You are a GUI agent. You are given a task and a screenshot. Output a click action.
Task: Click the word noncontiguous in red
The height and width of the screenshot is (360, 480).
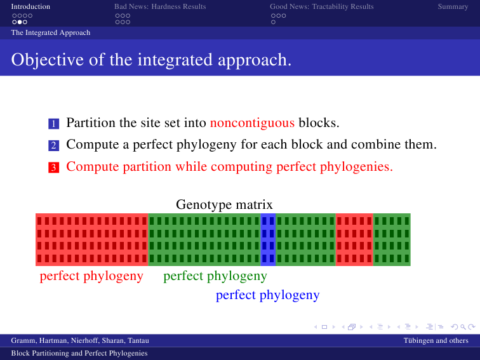(252, 123)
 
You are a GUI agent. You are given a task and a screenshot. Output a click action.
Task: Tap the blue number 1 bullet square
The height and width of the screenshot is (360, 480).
(53, 124)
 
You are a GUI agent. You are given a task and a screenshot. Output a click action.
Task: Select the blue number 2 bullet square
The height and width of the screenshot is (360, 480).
(53, 145)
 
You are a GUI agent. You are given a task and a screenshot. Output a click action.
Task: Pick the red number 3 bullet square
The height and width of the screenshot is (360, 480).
(53, 168)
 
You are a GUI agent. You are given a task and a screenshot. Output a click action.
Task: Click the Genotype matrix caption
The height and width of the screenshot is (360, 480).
(224, 204)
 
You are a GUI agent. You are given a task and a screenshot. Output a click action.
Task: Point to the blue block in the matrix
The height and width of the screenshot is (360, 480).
(268, 239)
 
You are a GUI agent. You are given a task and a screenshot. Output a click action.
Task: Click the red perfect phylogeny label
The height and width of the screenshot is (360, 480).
(91, 276)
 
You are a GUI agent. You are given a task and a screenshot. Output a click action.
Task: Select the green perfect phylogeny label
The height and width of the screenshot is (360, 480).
(215, 276)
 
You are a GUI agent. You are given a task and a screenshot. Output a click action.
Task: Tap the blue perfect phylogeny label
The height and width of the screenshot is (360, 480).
(268, 295)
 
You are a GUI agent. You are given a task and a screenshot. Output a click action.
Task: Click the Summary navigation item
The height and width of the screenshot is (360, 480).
(453, 6)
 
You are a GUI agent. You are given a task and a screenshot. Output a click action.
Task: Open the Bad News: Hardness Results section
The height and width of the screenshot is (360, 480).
(160, 6)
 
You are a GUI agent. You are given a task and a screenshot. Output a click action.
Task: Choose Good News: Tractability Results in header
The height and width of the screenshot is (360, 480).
(322, 6)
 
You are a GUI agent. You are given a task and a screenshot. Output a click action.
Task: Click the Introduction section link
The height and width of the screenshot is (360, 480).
(30, 6)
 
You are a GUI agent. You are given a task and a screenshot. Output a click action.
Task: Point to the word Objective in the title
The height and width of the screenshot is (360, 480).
(48, 60)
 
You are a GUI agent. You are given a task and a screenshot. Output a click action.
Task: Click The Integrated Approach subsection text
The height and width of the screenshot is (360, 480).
(51, 32)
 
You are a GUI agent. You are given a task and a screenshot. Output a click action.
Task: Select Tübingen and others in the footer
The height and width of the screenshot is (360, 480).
(436, 340)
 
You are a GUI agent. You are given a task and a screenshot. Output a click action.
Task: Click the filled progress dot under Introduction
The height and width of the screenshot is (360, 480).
(20, 22)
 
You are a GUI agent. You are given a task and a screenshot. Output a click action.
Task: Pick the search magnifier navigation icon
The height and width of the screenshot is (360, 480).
(463, 327)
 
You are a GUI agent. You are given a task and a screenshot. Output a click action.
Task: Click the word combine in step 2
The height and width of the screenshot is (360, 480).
(377, 144)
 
